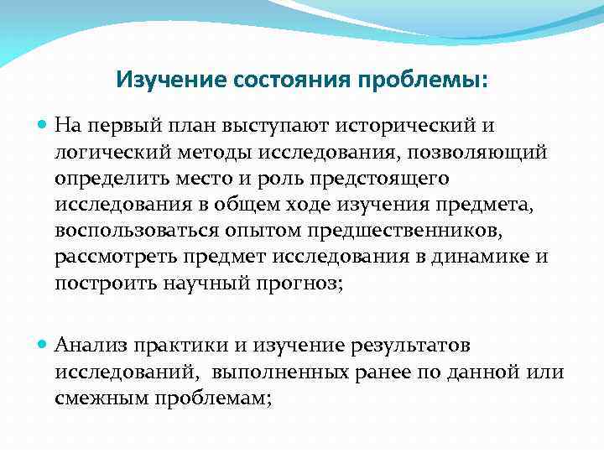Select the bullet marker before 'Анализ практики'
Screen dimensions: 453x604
point(44,345)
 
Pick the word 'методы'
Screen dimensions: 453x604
point(198,153)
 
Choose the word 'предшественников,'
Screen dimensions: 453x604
point(346,231)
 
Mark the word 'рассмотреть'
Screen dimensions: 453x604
point(111,257)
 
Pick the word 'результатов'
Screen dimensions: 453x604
point(397,345)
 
